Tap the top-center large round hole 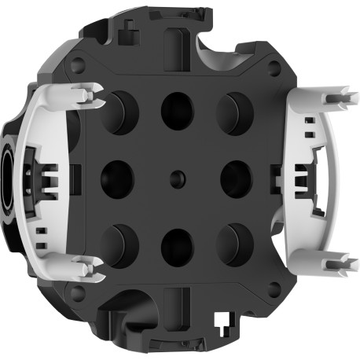point(177,111)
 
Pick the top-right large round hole point(233,111)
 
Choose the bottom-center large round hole point(178,246)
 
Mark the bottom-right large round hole point(233,244)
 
